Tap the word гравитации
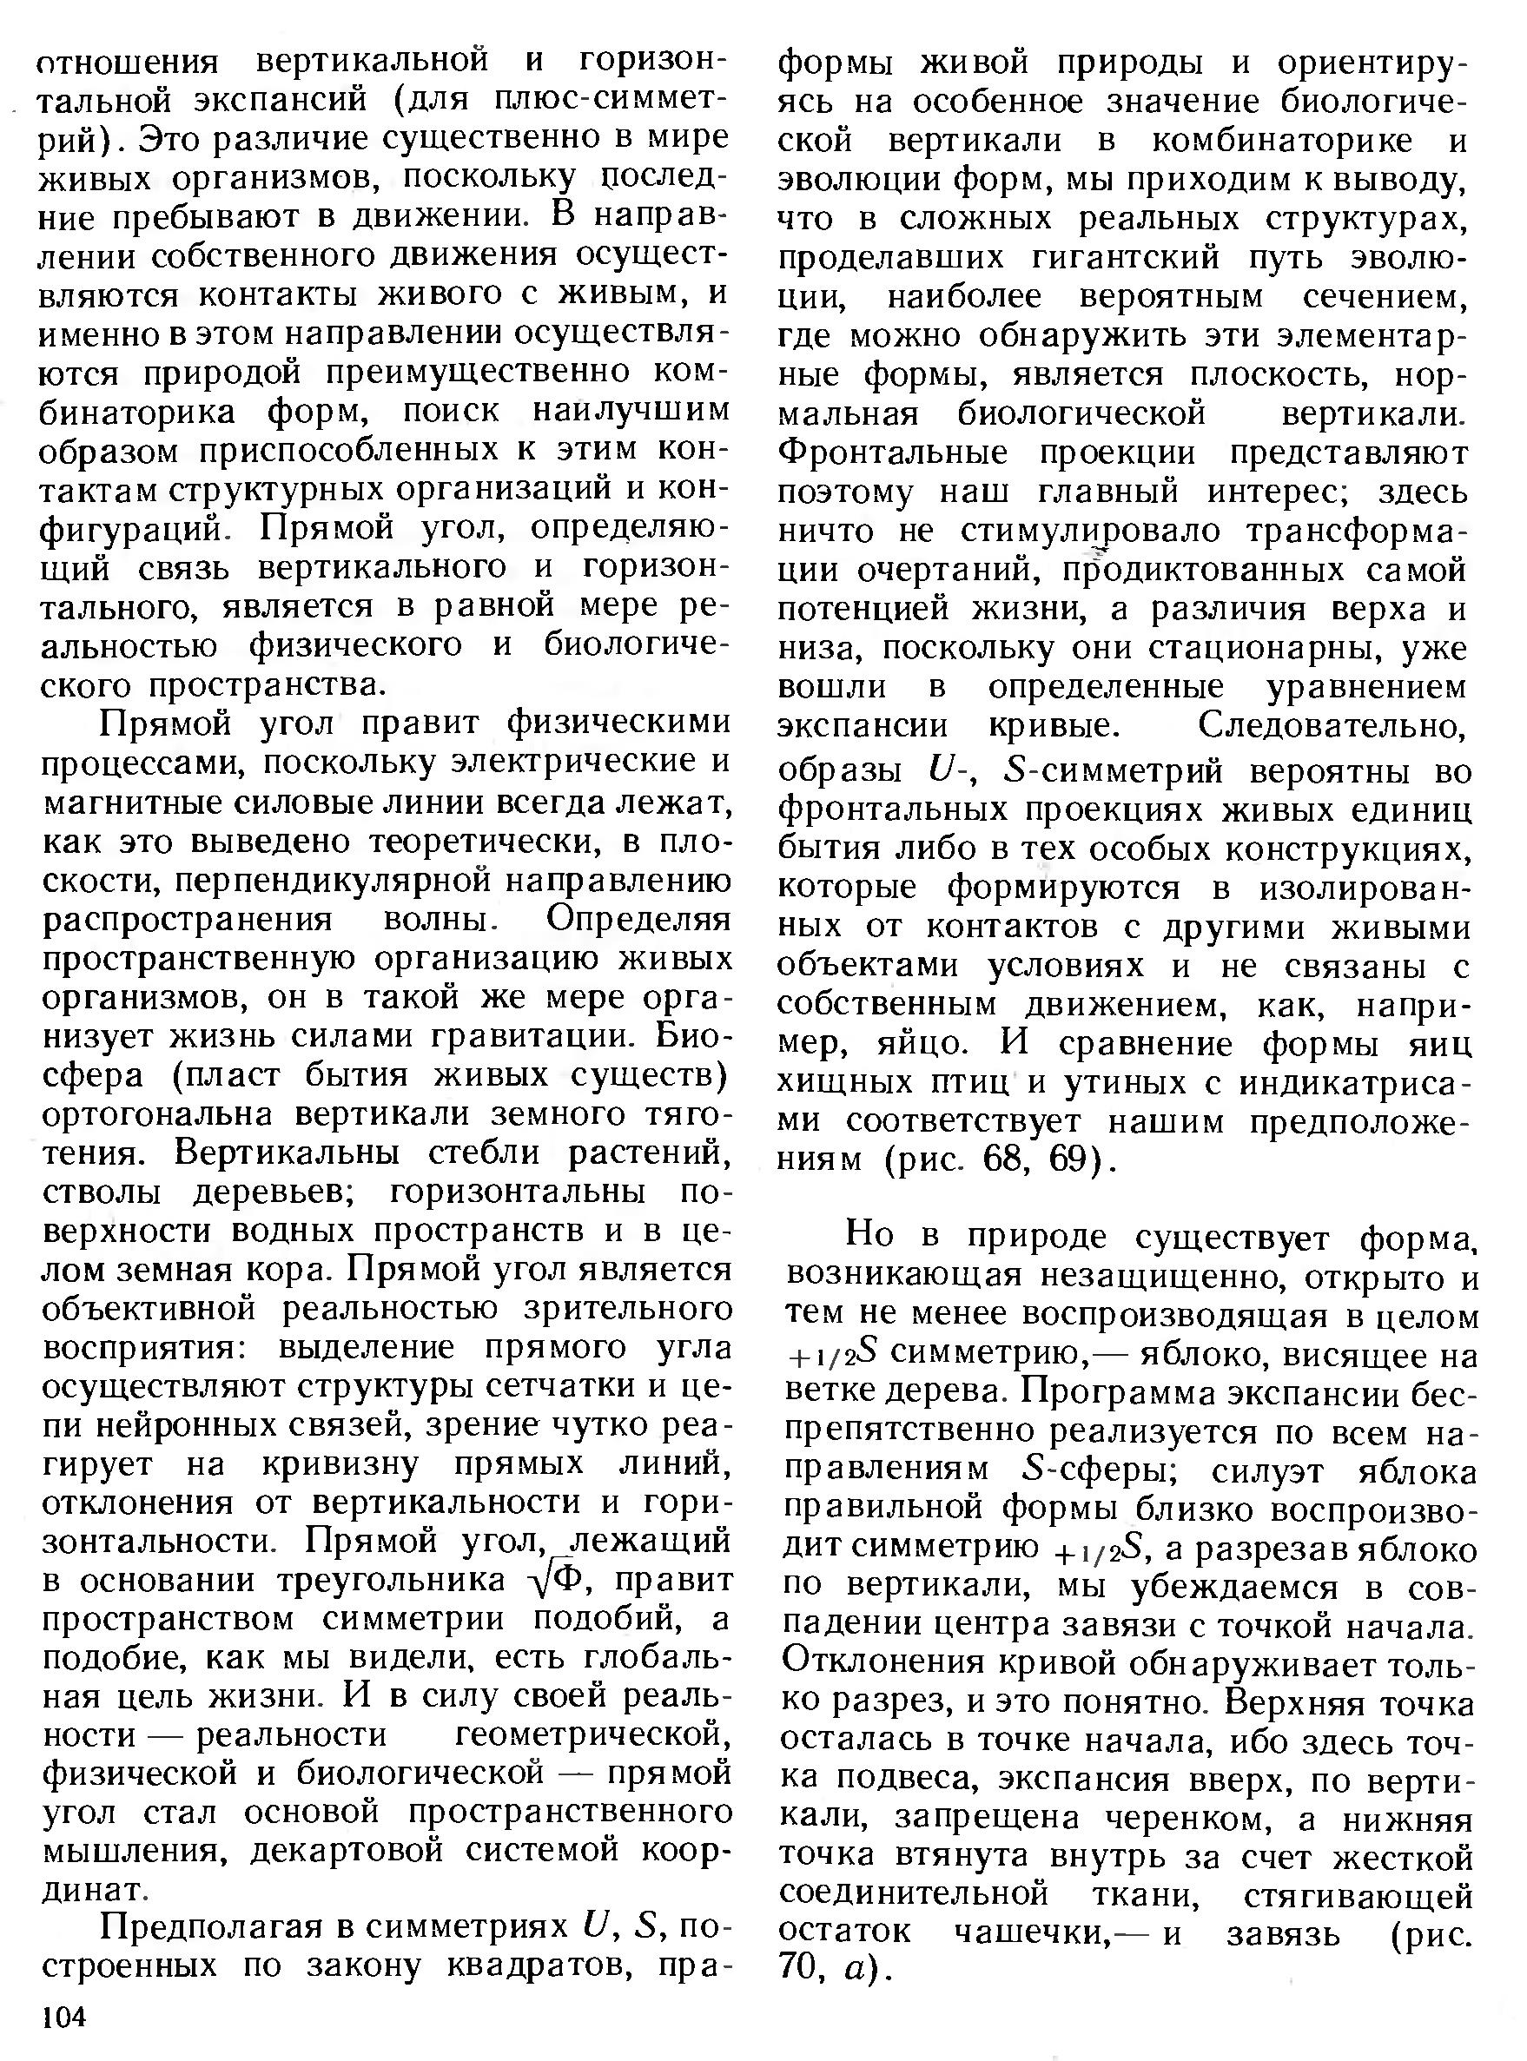coord(546,1038)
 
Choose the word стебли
coord(501,1154)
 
